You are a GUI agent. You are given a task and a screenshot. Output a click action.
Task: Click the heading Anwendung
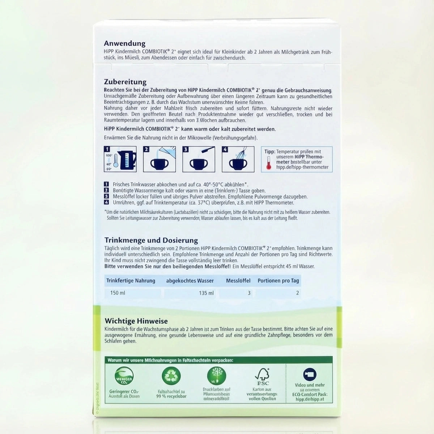click(124, 43)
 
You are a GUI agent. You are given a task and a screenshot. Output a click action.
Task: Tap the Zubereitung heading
click(125, 82)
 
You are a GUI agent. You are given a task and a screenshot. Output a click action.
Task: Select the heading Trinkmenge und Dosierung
click(151, 240)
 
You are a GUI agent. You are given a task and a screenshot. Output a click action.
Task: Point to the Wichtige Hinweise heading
click(136, 321)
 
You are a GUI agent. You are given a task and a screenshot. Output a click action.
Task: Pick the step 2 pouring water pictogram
click(159, 159)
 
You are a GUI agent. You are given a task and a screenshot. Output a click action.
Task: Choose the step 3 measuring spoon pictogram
click(199, 159)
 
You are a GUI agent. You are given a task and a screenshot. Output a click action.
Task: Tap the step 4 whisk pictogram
click(238, 159)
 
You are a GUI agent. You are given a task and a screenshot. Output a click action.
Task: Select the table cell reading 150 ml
click(118, 293)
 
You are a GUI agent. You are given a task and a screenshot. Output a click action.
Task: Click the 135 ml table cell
click(206, 293)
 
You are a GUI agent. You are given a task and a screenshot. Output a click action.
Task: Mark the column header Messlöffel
click(238, 281)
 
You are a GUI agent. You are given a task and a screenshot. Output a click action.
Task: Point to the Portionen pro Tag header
click(278, 281)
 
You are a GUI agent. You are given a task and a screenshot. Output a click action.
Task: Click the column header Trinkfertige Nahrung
click(131, 281)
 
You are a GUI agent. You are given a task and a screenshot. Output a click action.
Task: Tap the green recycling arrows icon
click(171, 376)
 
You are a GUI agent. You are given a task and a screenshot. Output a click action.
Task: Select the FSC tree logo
click(262, 376)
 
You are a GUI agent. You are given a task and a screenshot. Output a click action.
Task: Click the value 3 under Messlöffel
click(249, 293)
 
